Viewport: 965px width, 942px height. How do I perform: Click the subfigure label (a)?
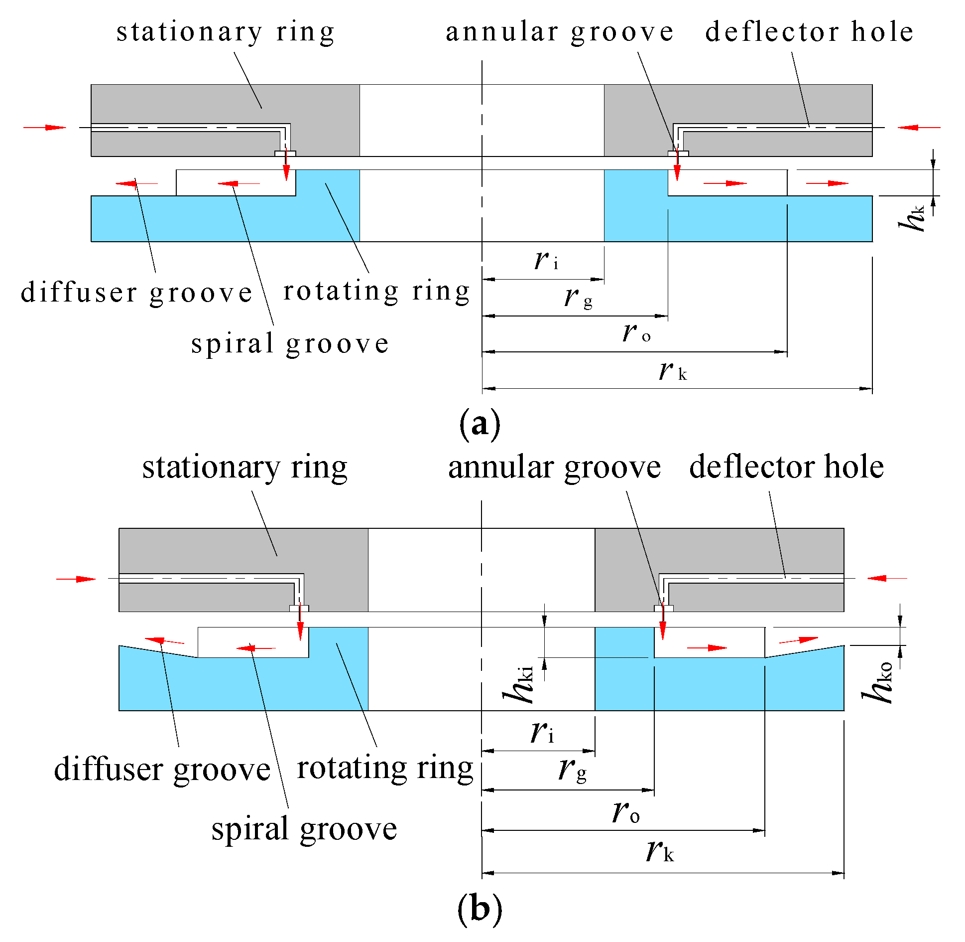point(480,424)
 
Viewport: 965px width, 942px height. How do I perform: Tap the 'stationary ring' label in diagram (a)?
point(226,32)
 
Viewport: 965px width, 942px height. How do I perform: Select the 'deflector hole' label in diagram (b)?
point(786,467)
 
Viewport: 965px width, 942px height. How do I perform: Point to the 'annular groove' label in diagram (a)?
point(560,32)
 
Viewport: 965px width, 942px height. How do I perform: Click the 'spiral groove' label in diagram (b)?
point(304,829)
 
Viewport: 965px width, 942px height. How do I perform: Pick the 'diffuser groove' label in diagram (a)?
point(137,293)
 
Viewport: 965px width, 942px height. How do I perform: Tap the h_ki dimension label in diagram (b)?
point(519,685)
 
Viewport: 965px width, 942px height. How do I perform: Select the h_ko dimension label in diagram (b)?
point(879,682)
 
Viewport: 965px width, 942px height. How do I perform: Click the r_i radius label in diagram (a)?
point(546,261)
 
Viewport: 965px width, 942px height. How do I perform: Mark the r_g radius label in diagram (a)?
point(578,298)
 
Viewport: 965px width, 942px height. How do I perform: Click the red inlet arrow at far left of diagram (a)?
point(45,128)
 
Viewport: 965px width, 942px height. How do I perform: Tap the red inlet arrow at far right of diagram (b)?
point(887,578)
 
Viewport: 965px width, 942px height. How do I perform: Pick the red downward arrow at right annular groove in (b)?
point(662,626)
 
